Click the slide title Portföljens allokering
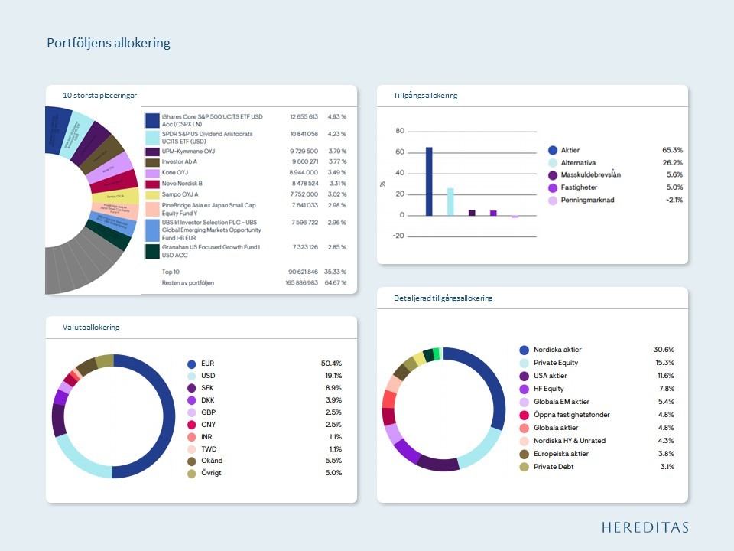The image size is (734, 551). (109, 43)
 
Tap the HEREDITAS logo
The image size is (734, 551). (645, 527)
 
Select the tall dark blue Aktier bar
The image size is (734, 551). (429, 181)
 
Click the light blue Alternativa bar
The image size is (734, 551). (450, 201)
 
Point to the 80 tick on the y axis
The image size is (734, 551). (399, 131)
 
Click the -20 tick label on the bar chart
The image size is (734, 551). (398, 236)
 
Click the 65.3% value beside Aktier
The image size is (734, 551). (672, 150)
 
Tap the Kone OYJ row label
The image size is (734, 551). (176, 173)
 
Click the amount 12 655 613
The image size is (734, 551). (304, 117)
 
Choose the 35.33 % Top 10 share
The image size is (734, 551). (336, 272)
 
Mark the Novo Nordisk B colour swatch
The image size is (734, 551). (152, 184)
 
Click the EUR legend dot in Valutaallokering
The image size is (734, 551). (192, 364)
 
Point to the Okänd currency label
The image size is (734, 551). (212, 461)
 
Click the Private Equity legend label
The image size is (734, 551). (556, 363)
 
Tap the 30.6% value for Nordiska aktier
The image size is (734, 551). (663, 350)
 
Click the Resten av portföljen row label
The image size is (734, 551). (187, 283)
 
